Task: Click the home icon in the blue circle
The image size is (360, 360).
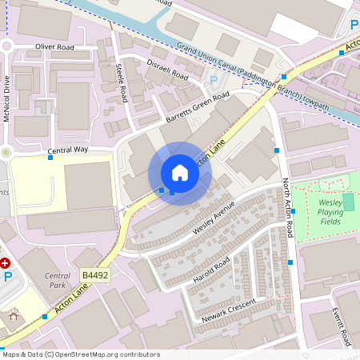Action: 180,173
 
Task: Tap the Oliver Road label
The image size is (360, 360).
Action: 55,47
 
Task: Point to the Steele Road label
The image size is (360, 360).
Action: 122,82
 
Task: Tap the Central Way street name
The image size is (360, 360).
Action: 68,150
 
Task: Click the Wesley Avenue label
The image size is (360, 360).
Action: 214,218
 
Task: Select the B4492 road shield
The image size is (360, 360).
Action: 94,275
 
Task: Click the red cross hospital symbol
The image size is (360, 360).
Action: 5,262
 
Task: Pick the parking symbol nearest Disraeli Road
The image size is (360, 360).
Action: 213,80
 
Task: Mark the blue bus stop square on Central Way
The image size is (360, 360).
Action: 50,158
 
